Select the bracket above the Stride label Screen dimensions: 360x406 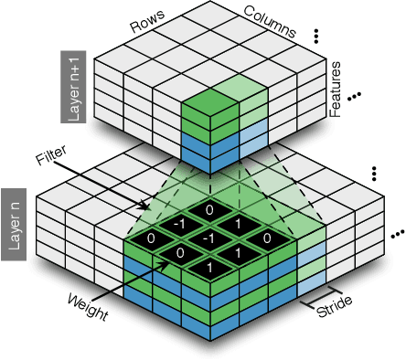pos(316,297)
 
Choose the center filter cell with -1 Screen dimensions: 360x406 pos(209,238)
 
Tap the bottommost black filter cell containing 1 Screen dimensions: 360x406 pos(209,266)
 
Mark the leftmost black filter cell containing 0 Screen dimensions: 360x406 pos(152,238)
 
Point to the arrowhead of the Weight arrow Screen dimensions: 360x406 pos(168,263)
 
